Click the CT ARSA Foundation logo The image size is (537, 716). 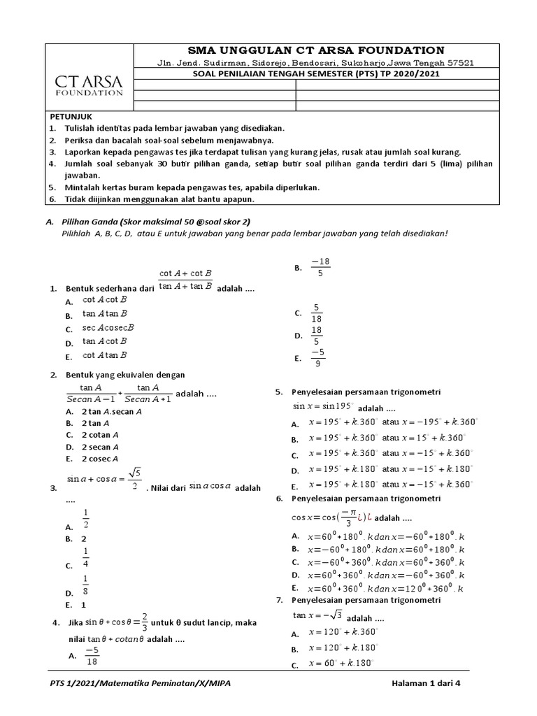(x=89, y=81)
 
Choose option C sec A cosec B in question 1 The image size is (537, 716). (x=108, y=328)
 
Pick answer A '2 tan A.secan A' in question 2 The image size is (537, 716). (x=112, y=412)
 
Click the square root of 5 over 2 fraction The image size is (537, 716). (x=135, y=480)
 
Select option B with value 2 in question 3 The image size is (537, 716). (x=84, y=539)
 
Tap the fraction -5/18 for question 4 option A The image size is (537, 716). (x=92, y=655)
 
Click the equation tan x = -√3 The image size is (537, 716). (x=317, y=615)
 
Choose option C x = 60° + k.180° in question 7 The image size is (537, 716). (x=343, y=664)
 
